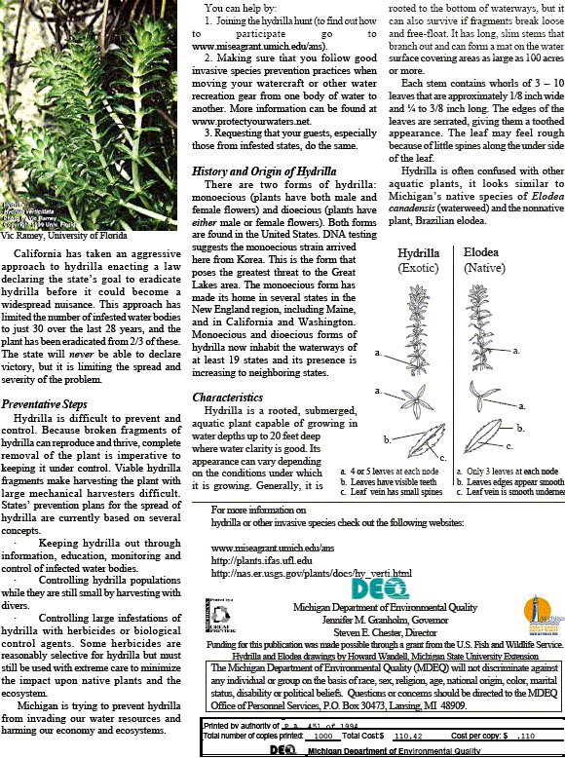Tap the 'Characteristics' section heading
pos(227,398)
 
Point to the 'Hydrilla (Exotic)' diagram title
pos(418,259)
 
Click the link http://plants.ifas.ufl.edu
pos(262,560)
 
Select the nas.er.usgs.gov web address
pos(311,573)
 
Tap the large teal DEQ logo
pos(373,589)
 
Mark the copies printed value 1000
pos(317,737)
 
